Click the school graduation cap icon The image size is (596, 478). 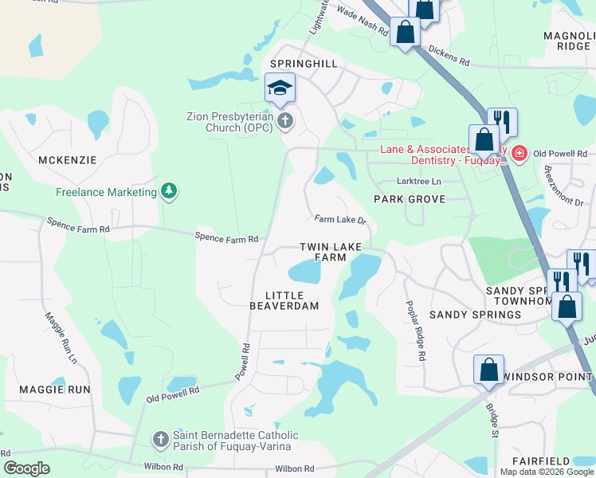coord(280,88)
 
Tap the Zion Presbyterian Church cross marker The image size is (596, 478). coord(286,121)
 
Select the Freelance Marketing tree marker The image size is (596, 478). coord(168,191)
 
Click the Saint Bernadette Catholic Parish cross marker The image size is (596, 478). coord(160,440)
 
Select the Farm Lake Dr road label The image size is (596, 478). coord(339,219)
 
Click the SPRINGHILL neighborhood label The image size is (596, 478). coord(304,63)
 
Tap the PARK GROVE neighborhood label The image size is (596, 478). coord(410,198)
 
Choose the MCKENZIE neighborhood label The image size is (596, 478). coord(67,160)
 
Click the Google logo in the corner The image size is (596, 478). coord(27,468)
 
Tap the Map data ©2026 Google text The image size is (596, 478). coord(547,472)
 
